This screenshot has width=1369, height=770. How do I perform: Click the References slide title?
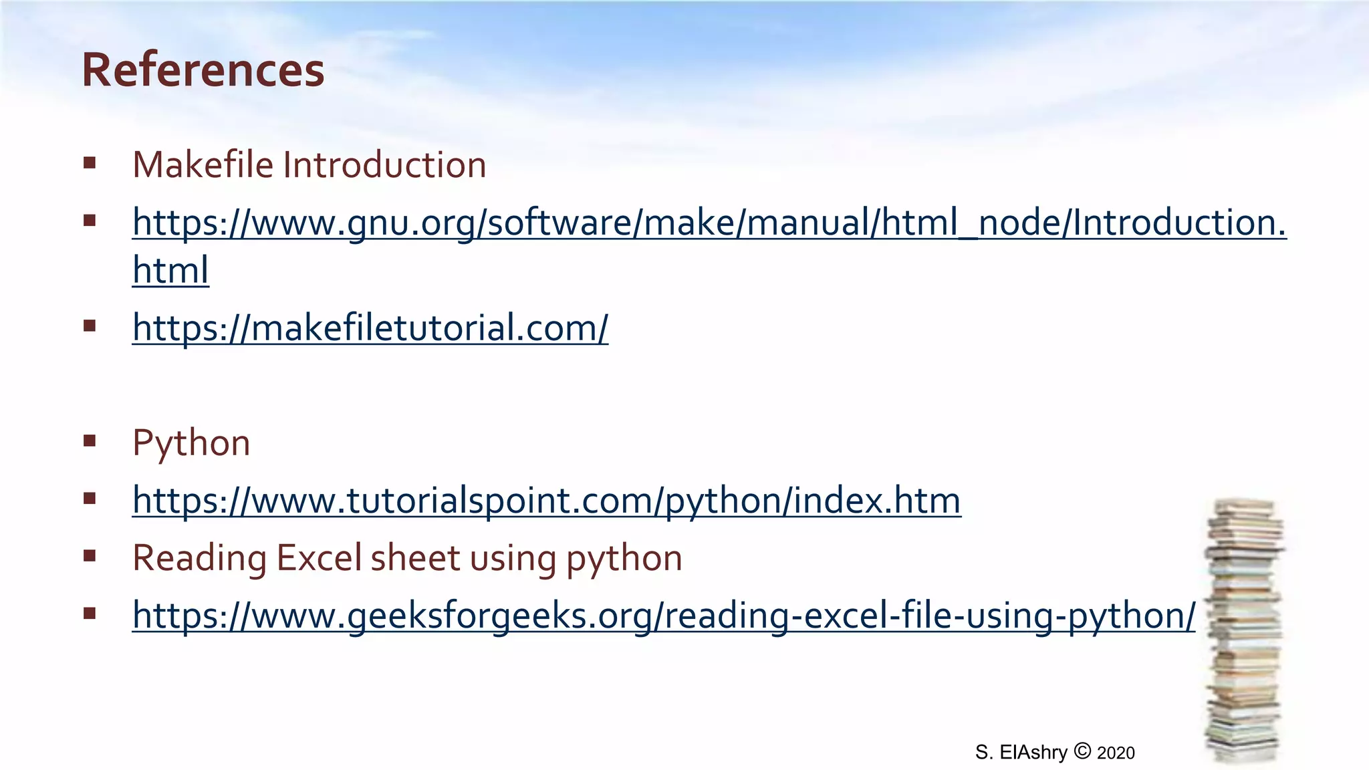pyautogui.click(x=203, y=70)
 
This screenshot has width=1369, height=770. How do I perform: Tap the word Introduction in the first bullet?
pyautogui.click(x=384, y=165)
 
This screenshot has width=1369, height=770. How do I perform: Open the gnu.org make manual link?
pyautogui.click(x=709, y=223)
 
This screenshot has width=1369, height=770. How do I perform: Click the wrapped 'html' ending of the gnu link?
pyautogui.click(x=170, y=271)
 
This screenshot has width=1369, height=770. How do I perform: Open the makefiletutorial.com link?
pyautogui.click(x=370, y=328)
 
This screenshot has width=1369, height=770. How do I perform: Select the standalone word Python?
pyautogui.click(x=191, y=443)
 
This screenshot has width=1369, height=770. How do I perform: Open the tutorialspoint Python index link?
pyautogui.click(x=546, y=501)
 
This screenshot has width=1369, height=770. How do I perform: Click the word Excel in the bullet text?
pyautogui.click(x=319, y=558)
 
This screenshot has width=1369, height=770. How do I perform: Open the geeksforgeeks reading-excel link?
pyautogui.click(x=663, y=616)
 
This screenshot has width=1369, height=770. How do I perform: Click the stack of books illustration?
pyautogui.click(x=1244, y=632)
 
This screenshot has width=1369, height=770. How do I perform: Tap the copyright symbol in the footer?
pyautogui.click(x=1082, y=751)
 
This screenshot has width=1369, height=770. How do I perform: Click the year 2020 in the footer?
pyautogui.click(x=1116, y=753)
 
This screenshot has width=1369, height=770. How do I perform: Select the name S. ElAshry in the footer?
pyautogui.click(x=1021, y=753)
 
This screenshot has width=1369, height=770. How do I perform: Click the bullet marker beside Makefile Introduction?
pyautogui.click(x=90, y=163)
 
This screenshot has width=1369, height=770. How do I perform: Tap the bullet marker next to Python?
pyautogui.click(x=90, y=440)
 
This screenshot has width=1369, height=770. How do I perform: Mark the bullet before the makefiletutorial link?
pyautogui.click(x=90, y=326)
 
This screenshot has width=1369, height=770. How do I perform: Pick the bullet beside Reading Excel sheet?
pyautogui.click(x=90, y=555)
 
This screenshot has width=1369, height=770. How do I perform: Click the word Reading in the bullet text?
pyautogui.click(x=199, y=559)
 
